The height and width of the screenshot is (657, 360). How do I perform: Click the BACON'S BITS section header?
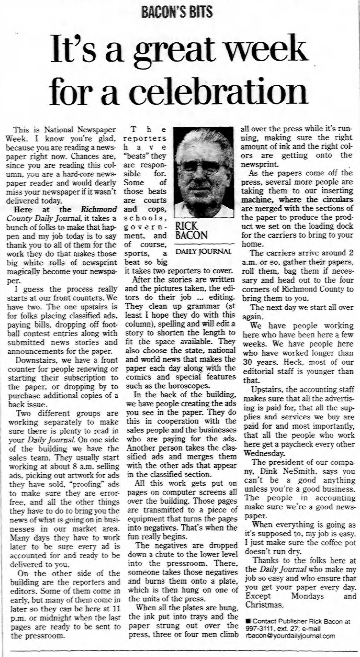click(x=177, y=12)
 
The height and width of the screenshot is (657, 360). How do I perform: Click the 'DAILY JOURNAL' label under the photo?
click(x=203, y=251)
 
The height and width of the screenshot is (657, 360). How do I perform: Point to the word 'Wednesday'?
click(x=264, y=453)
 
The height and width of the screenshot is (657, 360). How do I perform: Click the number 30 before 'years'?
click(x=248, y=362)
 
